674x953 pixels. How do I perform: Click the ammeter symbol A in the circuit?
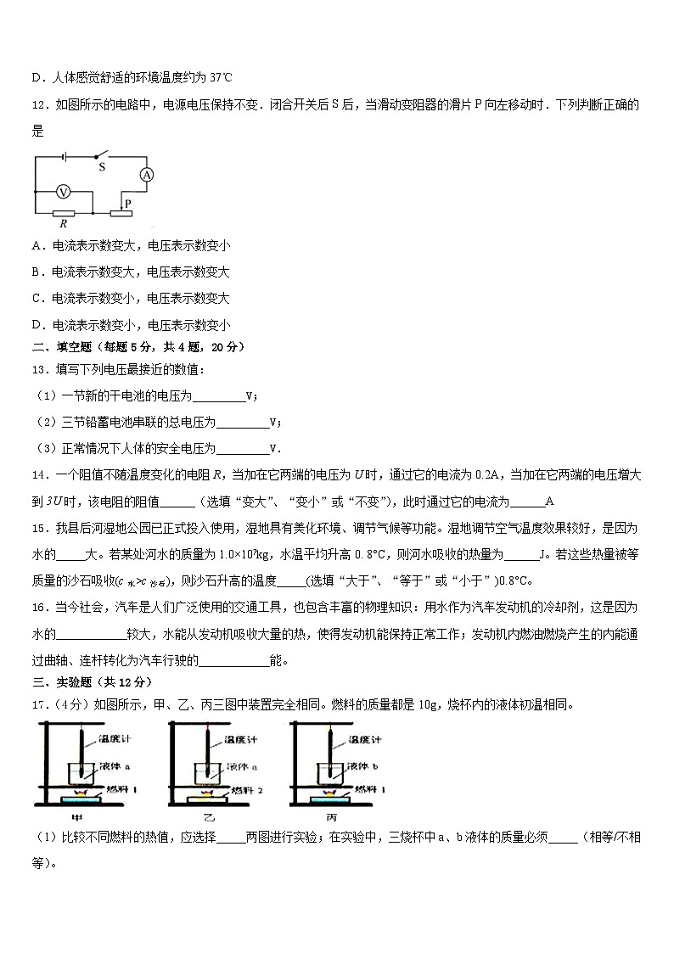pos(146,175)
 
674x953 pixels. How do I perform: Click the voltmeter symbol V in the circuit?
pos(61,191)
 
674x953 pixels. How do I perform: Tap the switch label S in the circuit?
pos(101,167)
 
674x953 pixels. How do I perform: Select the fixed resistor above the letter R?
pos(64,213)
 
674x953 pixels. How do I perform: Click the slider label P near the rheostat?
pos(127,204)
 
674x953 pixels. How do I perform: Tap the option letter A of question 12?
pos(37,246)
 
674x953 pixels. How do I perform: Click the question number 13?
pos(40,369)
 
